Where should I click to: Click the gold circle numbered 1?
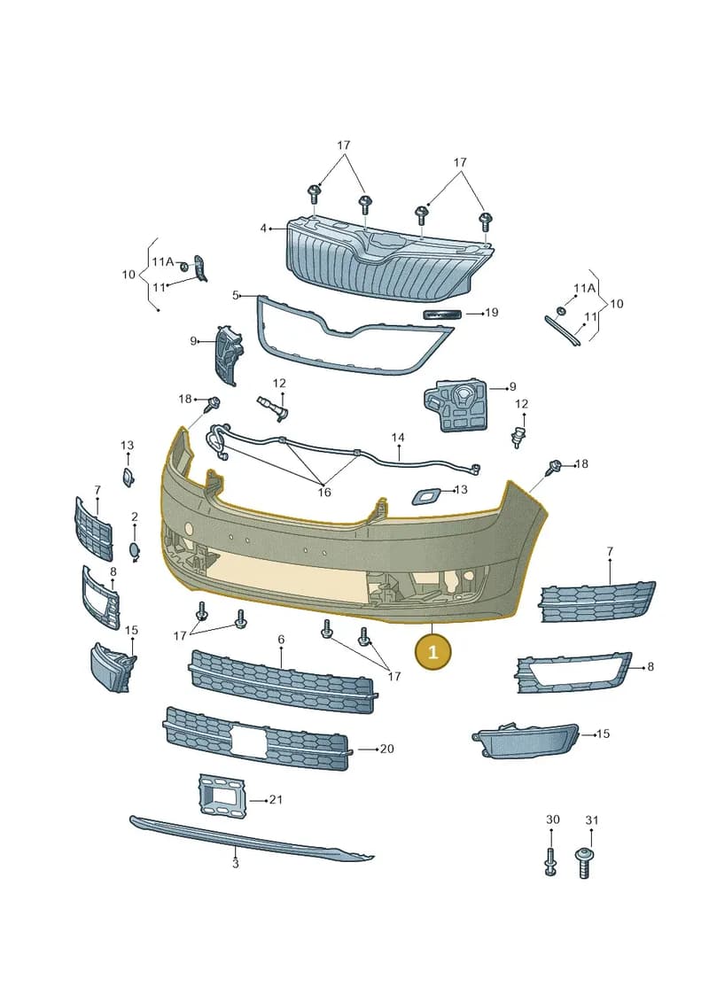pyautogui.click(x=432, y=652)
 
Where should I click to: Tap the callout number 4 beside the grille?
pyautogui.click(x=262, y=229)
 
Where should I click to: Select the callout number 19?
pyautogui.click(x=492, y=313)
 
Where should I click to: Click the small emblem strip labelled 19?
pyautogui.click(x=442, y=313)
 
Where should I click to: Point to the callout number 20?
pyautogui.click(x=386, y=749)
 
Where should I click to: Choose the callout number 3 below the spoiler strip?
pyautogui.click(x=235, y=863)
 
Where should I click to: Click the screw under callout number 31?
pyautogui.click(x=583, y=863)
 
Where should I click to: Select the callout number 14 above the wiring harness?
pyautogui.click(x=398, y=438)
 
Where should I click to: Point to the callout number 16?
pyautogui.click(x=324, y=492)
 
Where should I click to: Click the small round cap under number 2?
pyautogui.click(x=135, y=551)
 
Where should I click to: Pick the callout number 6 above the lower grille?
pyautogui.click(x=281, y=639)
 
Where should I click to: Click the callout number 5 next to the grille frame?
pyautogui.click(x=235, y=295)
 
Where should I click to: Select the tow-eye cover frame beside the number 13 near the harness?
pyautogui.click(x=425, y=495)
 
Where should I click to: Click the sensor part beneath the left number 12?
pyautogui.click(x=274, y=407)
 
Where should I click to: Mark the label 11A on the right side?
pyautogui.click(x=584, y=288)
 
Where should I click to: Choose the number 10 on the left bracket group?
pyautogui.click(x=129, y=274)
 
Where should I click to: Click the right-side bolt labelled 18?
pyautogui.click(x=555, y=467)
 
